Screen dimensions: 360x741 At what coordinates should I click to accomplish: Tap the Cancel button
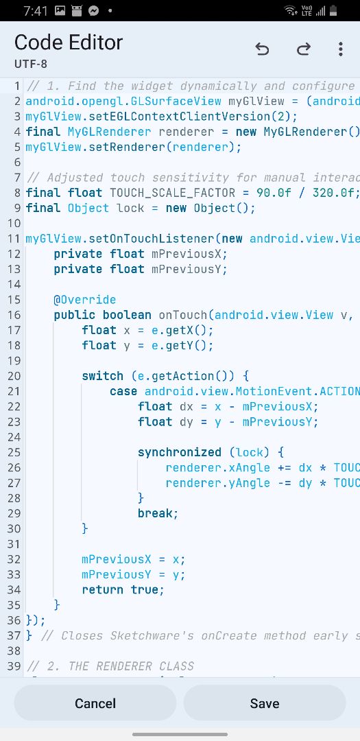(x=95, y=703)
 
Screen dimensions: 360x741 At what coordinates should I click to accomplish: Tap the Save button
(x=265, y=703)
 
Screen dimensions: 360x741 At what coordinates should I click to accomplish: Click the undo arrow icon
(x=262, y=49)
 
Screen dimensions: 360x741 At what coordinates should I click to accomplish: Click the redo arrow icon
(x=303, y=49)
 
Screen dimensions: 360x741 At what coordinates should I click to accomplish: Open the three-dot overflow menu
(x=340, y=49)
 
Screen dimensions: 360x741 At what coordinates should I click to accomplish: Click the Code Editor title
(x=69, y=43)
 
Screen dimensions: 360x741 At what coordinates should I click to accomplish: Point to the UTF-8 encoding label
(x=31, y=64)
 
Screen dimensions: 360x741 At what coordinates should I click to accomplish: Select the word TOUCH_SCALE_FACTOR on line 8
(x=172, y=193)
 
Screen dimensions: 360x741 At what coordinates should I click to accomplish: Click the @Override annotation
(x=84, y=300)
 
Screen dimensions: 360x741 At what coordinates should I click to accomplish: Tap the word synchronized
(x=180, y=452)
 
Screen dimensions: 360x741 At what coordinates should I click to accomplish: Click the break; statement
(x=158, y=513)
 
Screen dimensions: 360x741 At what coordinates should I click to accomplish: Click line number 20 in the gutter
(x=14, y=376)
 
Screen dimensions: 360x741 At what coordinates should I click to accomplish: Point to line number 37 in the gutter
(x=14, y=635)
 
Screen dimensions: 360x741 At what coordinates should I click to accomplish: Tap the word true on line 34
(x=145, y=590)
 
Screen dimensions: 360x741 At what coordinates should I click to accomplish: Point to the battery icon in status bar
(x=333, y=10)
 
